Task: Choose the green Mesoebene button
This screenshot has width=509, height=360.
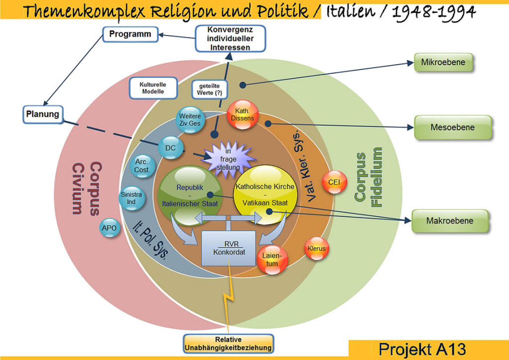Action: (x=452, y=127)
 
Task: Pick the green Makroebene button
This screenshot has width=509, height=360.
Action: (x=449, y=221)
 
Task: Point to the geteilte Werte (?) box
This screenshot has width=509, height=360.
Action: (x=210, y=90)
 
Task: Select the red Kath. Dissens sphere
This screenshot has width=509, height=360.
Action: (x=242, y=115)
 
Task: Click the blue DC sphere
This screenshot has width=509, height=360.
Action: (x=170, y=148)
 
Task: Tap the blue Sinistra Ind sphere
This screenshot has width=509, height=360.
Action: (x=131, y=198)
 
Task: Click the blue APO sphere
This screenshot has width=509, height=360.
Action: (x=109, y=228)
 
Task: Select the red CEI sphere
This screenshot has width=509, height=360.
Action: (x=334, y=182)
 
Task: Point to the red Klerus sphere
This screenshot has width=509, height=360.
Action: (x=317, y=248)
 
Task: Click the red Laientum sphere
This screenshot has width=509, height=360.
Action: (x=272, y=260)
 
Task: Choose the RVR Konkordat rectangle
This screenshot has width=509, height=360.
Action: (x=228, y=248)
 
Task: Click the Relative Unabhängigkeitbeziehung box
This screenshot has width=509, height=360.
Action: (x=228, y=343)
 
